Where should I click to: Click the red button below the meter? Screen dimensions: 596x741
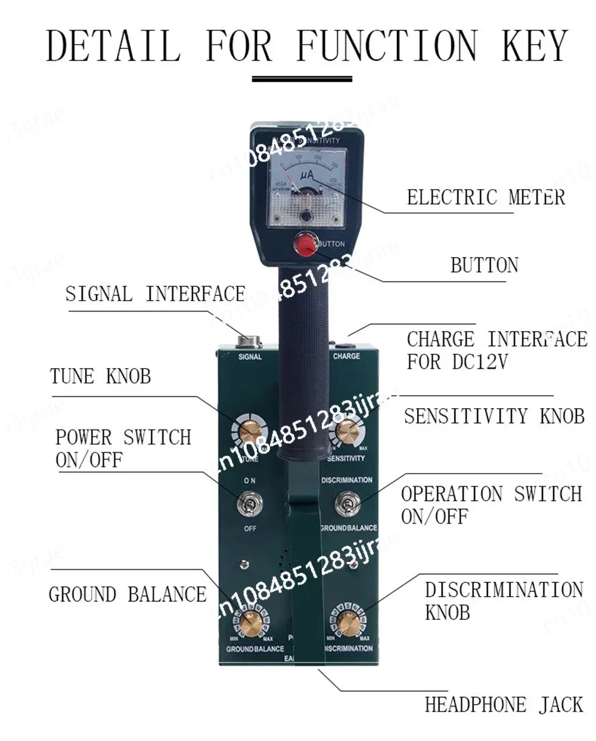(x=307, y=245)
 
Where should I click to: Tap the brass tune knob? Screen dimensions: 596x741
(x=249, y=431)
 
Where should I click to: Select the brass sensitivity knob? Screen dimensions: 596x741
(x=347, y=431)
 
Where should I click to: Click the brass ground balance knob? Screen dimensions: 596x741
(x=251, y=624)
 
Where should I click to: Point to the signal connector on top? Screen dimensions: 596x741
(x=250, y=342)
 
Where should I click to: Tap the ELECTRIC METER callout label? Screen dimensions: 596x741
(x=486, y=197)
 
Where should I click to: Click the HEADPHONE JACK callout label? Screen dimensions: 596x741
(x=504, y=705)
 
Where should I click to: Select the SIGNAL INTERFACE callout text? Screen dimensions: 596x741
(x=155, y=294)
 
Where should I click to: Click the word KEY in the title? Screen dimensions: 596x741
(x=534, y=46)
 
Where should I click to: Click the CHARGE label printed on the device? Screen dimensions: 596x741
(x=346, y=356)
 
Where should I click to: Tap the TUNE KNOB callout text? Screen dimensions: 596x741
(x=100, y=376)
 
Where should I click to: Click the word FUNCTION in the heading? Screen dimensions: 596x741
(x=386, y=46)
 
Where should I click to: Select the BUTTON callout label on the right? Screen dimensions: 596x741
(x=484, y=265)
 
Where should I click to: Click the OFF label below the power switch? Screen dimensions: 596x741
(x=250, y=529)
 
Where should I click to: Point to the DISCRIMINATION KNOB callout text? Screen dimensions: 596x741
(x=504, y=601)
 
